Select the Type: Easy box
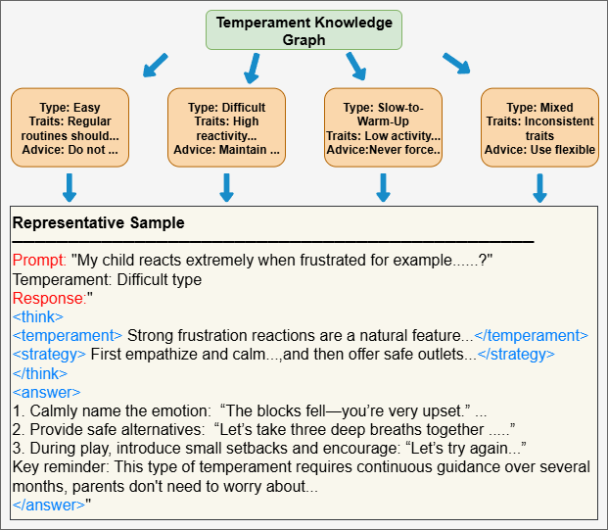(x=70, y=128)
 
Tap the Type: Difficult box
(x=226, y=128)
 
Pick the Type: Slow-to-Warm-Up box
(x=383, y=128)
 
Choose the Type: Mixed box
(x=539, y=128)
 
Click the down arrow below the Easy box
(x=70, y=187)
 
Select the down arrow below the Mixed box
(x=539, y=187)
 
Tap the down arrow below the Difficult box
(x=226, y=187)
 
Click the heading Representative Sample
(x=98, y=223)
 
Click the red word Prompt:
(x=40, y=261)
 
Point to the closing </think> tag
(x=40, y=372)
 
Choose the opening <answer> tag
(x=42, y=391)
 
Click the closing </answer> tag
(x=47, y=504)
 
